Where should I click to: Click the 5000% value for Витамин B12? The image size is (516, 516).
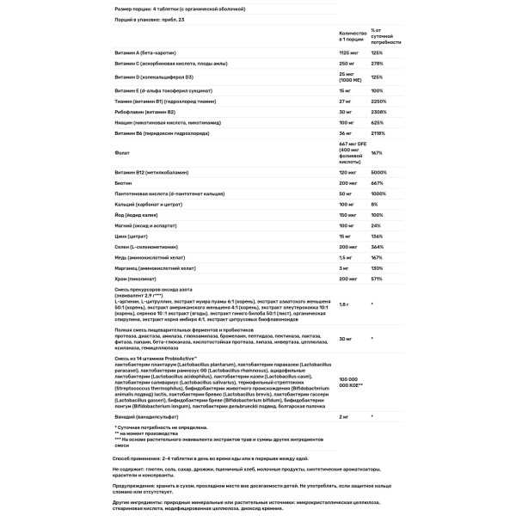[x=378, y=174]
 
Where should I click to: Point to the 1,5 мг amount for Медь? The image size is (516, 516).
[x=345, y=257]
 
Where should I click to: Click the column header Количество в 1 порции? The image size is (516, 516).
[x=352, y=34]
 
